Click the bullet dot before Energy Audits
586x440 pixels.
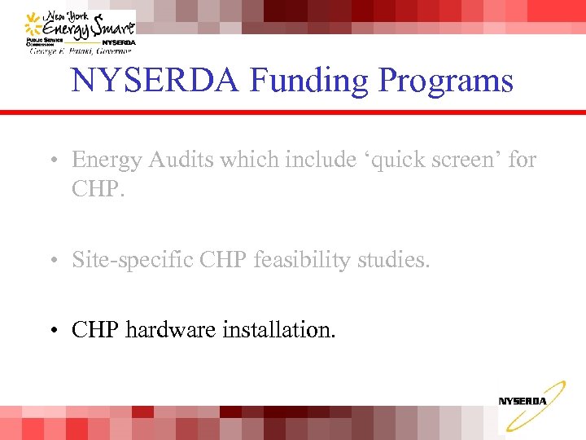pos(51,161)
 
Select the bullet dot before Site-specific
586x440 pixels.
pos(51,261)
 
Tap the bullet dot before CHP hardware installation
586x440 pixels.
pos(51,331)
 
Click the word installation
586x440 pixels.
pos(280,330)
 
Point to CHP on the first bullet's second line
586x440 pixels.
pos(95,190)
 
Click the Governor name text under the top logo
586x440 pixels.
pos(80,51)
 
